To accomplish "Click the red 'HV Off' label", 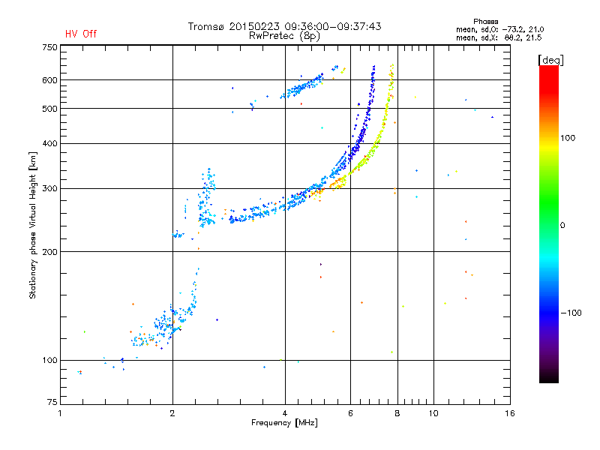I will pos(81,34).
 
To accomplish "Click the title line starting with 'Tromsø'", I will pos(285,26).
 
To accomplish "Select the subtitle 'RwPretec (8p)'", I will pos(285,35).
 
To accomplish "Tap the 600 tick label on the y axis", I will pos(50,80).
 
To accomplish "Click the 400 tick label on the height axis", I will pos(50,144).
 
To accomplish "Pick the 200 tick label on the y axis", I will pos(50,252).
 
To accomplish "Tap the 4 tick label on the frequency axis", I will pos(285,413).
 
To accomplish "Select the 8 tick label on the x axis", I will pos(397,413).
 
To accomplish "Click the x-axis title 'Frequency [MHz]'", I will pos(285,424).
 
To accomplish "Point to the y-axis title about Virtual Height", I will pos(34,225).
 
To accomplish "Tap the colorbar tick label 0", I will pos(562,225).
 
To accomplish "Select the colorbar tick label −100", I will pos(571,313).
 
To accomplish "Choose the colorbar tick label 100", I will pos(567,138).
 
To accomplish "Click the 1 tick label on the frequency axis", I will pos(60,413).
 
